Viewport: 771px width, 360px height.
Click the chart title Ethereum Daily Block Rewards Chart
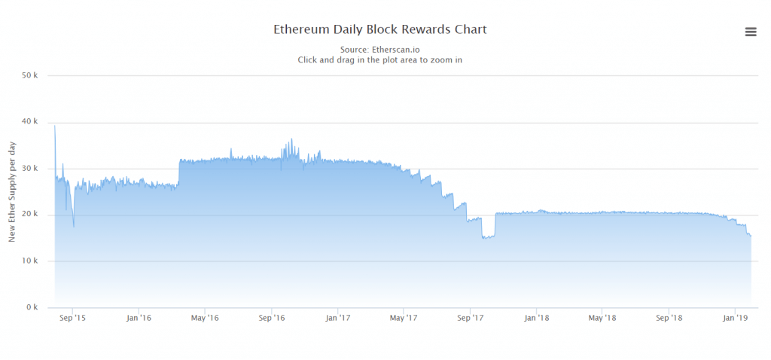tap(379, 29)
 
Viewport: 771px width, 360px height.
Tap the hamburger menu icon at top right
tap(750, 31)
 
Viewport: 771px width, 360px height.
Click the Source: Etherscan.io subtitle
tap(379, 50)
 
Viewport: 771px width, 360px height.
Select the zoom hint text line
tap(379, 59)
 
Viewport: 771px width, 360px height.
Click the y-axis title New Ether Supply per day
tap(12, 191)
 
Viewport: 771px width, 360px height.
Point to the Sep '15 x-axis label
tap(72, 319)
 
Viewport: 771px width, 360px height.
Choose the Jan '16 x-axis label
tap(139, 319)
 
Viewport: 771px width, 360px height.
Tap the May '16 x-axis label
tap(205, 319)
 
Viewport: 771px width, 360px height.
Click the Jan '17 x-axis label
tap(338, 319)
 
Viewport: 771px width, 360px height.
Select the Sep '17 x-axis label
tap(470, 319)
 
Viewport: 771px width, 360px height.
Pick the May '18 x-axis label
tap(602, 319)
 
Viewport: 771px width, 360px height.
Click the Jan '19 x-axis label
tap(736, 319)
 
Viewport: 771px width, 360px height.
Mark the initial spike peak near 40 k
tap(55, 126)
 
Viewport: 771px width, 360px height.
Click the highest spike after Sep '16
tap(291, 139)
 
